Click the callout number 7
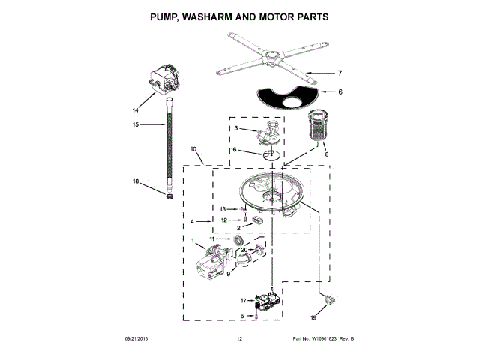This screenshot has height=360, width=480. coord(340,73)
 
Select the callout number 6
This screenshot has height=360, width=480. coord(340,92)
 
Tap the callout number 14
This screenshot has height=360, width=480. coord(136,110)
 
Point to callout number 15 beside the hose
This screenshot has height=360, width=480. coord(136,124)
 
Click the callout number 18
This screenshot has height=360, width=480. coord(136,181)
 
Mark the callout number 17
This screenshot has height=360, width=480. coord(243,300)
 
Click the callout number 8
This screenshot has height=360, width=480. coord(326,154)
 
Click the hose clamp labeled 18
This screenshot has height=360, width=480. coord(169,196)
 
